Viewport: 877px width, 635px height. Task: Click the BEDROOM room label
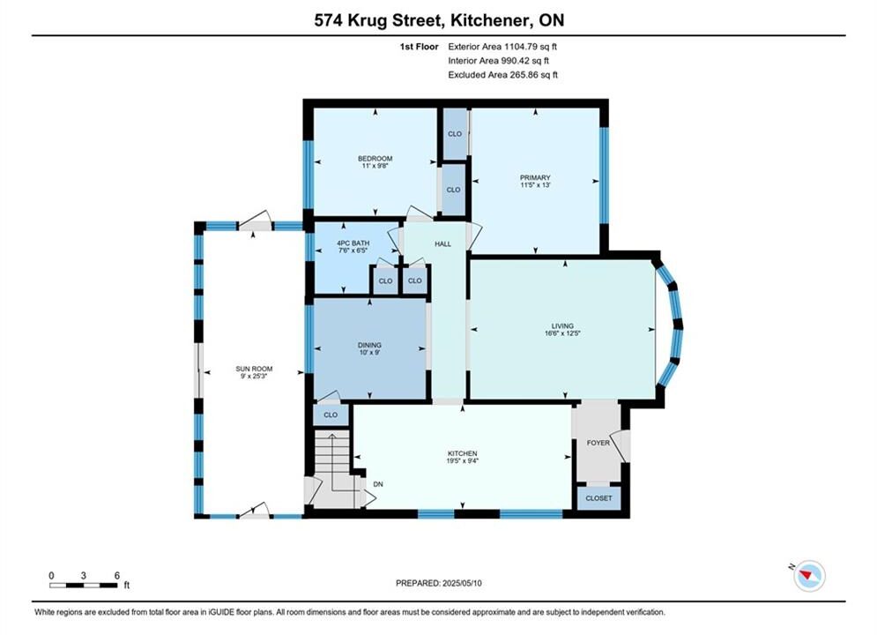point(375,159)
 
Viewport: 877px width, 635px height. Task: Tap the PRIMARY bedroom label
point(535,177)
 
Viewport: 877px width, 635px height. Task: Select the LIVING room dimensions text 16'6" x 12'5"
point(562,333)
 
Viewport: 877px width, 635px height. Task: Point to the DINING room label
point(369,345)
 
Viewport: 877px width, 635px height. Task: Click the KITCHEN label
point(463,453)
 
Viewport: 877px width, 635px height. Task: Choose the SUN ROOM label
point(254,369)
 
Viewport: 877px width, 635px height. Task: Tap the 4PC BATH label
point(353,243)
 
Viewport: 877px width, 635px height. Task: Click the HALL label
point(443,244)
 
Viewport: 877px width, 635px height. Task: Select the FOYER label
point(598,443)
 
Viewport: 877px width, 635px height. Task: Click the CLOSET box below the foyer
point(599,498)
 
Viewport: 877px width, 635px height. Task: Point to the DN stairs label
point(378,484)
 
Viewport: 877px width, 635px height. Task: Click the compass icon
point(809,576)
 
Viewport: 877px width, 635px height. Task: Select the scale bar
point(84,586)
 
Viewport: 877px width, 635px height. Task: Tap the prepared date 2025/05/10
point(462,583)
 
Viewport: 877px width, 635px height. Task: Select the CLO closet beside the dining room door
point(331,415)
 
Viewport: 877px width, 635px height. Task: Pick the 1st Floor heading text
point(419,47)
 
